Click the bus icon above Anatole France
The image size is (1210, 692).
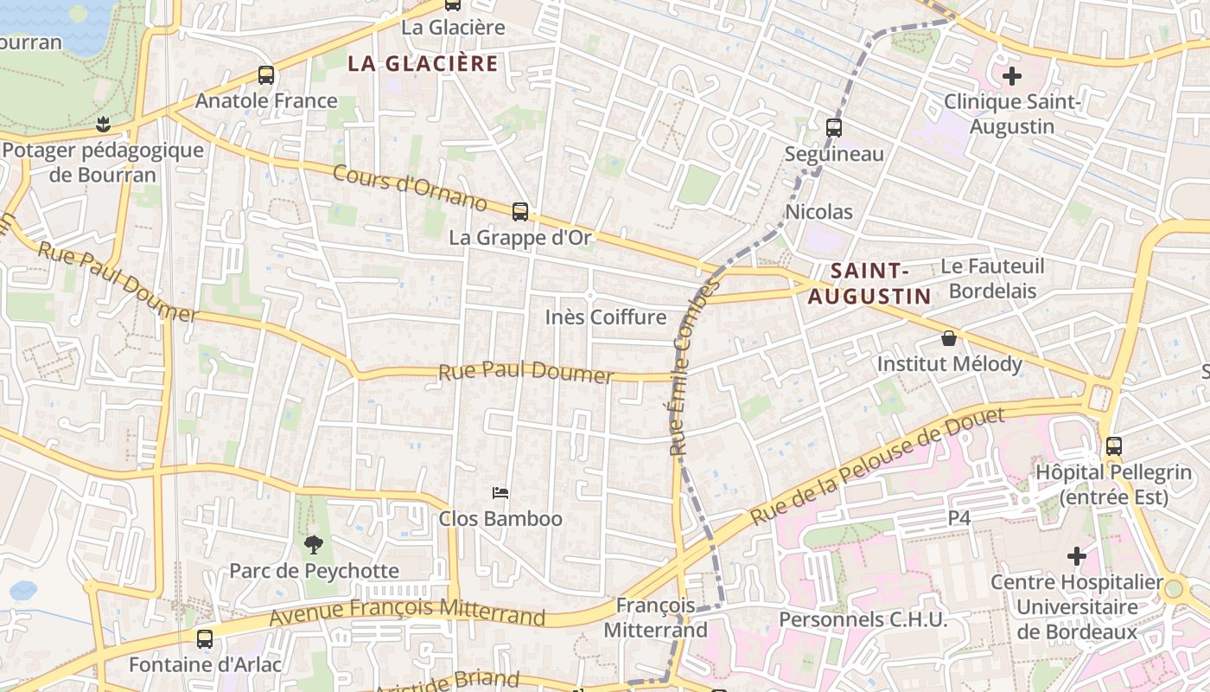pyautogui.click(x=266, y=75)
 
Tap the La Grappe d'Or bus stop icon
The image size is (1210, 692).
pyautogui.click(x=520, y=211)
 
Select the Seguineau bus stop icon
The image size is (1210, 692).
pyautogui.click(x=834, y=128)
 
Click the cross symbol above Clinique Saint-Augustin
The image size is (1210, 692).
pyautogui.click(x=1012, y=76)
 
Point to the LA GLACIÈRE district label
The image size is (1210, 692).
pyautogui.click(x=423, y=63)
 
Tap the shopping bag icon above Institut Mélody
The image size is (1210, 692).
pyautogui.click(x=949, y=338)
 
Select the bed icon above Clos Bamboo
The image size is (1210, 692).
pyautogui.click(x=500, y=493)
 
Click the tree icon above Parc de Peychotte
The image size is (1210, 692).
pyautogui.click(x=313, y=544)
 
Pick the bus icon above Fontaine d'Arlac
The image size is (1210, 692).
pyautogui.click(x=205, y=639)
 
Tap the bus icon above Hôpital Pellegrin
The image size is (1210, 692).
pyautogui.click(x=1114, y=446)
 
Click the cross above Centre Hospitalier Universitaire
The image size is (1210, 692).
pyautogui.click(x=1077, y=555)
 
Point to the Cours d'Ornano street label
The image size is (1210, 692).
pyautogui.click(x=411, y=187)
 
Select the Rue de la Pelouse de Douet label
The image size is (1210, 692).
pyautogui.click(x=877, y=467)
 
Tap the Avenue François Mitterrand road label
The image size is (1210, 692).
pyautogui.click(x=407, y=612)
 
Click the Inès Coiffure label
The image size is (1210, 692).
pyautogui.click(x=606, y=317)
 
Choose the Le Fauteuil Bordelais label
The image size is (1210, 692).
pyautogui.click(x=992, y=278)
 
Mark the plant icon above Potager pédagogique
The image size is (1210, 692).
pyautogui.click(x=104, y=124)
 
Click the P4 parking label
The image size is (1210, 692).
pyautogui.click(x=959, y=517)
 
